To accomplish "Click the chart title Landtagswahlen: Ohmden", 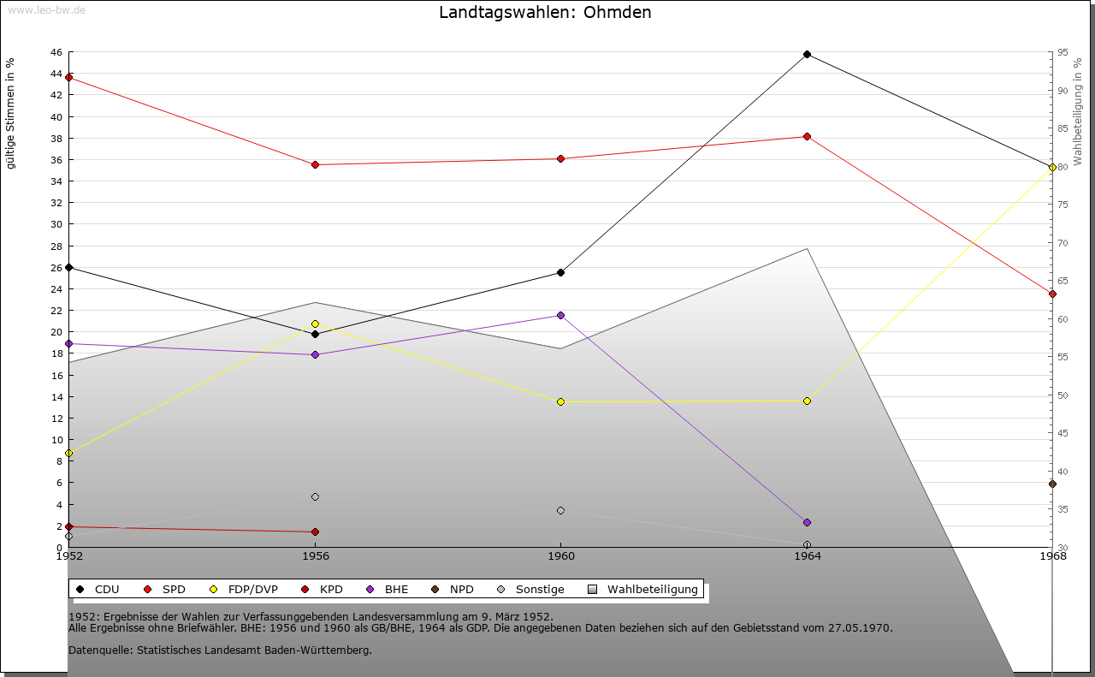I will (545, 13).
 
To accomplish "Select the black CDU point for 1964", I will (807, 54).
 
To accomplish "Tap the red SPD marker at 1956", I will (315, 164).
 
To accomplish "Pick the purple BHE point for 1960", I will (560, 315).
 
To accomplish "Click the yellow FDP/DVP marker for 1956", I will (315, 324).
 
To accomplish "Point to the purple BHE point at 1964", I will (807, 522).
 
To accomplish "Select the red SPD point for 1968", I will (1052, 294).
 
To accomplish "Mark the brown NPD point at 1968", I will (1052, 484).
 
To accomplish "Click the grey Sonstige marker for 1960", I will (560, 510).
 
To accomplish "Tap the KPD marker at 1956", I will (315, 532).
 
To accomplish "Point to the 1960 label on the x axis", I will (560, 556).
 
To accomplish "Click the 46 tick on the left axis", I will (56, 52).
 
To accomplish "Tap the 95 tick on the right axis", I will (1062, 52).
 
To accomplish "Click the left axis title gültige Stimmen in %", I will (11, 113).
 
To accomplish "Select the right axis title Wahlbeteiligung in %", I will (1078, 112).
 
